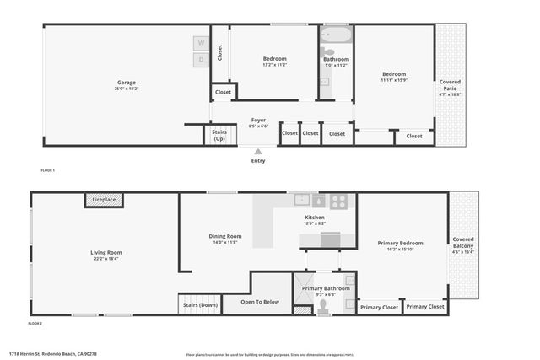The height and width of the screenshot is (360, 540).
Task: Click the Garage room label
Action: tap(127, 82)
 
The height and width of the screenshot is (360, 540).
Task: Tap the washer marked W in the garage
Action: tap(201, 43)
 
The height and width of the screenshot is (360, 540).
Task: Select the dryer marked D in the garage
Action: tap(201, 60)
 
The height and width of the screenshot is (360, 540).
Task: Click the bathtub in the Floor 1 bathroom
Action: tap(336, 36)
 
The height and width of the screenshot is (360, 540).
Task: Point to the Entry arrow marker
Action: tap(257, 152)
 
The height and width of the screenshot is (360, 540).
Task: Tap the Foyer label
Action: tap(258, 121)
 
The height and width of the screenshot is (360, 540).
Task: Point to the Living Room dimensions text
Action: tap(107, 258)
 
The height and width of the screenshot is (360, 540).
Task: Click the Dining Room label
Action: tap(225, 236)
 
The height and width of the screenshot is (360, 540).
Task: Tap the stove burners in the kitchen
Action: tap(338, 201)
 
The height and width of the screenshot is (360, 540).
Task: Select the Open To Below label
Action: tap(260, 302)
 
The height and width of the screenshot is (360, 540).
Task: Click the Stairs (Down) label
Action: tap(199, 304)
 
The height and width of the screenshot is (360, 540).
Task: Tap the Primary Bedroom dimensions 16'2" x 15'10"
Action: tap(400, 249)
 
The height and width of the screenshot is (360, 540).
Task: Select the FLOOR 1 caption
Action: tap(48, 171)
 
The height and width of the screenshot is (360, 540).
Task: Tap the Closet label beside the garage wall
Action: tap(219, 52)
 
